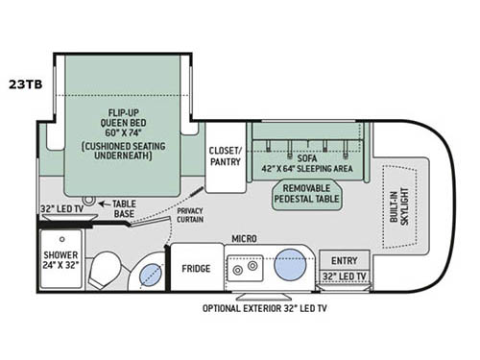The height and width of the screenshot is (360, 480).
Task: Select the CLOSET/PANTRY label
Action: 226,156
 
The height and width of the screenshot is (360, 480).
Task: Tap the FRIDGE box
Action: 197,269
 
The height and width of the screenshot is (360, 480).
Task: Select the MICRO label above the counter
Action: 242,237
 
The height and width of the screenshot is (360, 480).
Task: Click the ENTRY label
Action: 343,261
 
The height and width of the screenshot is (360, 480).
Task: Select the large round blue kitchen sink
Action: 289,262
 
